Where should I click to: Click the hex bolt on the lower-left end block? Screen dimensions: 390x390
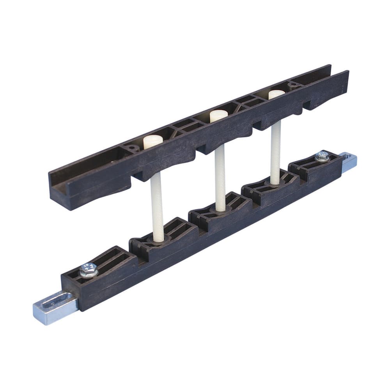[x=88, y=270]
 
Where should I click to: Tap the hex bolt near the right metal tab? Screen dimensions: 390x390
[x=322, y=156]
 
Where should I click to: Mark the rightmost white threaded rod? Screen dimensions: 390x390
[x=275, y=152]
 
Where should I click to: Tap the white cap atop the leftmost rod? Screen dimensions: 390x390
[x=153, y=142]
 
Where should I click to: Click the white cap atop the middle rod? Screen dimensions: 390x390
[x=218, y=116]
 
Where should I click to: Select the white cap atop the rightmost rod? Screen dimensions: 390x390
[x=277, y=94]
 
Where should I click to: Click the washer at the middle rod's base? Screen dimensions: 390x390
[x=221, y=210]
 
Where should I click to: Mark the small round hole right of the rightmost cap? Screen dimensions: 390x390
[x=291, y=83]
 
